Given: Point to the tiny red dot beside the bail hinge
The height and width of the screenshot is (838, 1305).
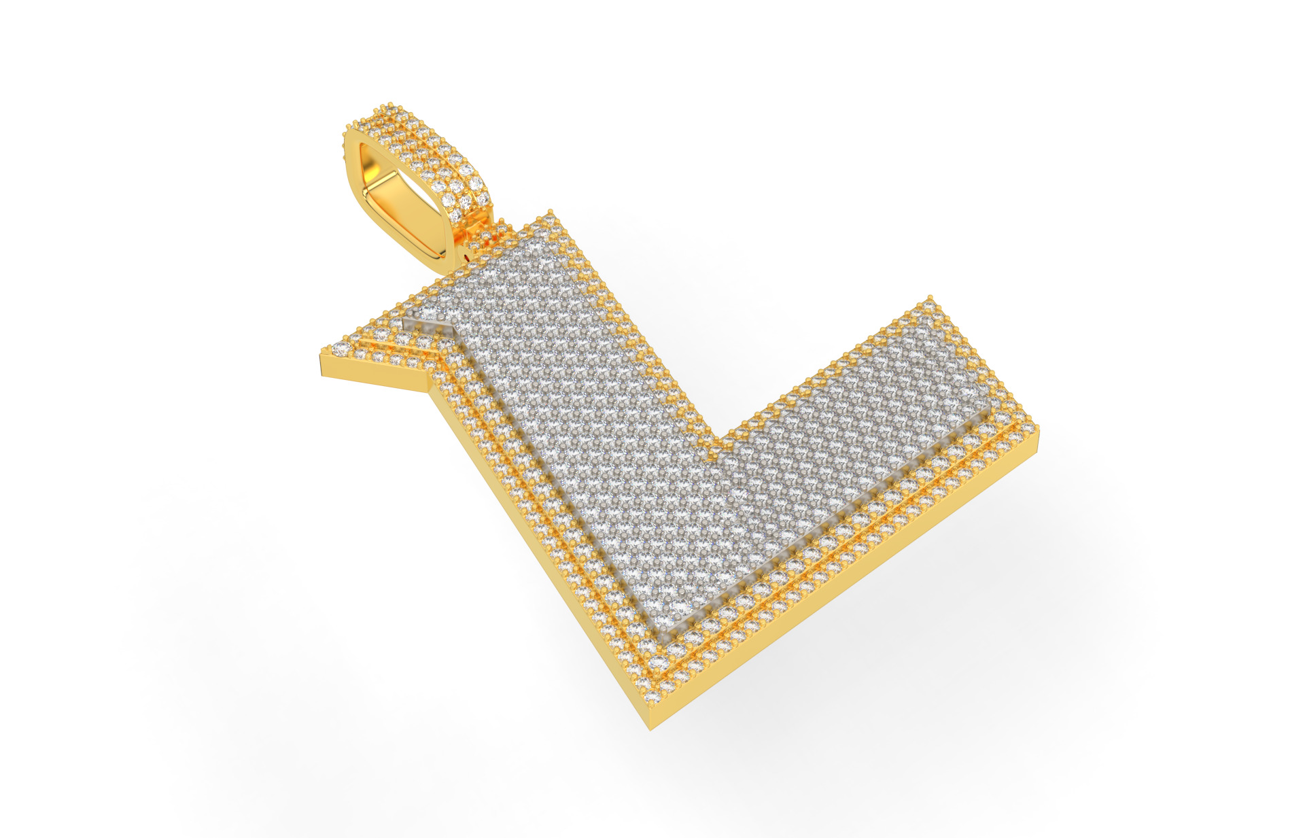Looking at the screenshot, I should click(x=467, y=257).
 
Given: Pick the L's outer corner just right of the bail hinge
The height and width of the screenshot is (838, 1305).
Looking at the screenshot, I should click(x=552, y=216).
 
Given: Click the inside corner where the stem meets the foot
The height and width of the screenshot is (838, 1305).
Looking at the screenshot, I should click(x=720, y=445).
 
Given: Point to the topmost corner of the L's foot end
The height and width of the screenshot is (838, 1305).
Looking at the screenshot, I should click(x=930, y=299).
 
